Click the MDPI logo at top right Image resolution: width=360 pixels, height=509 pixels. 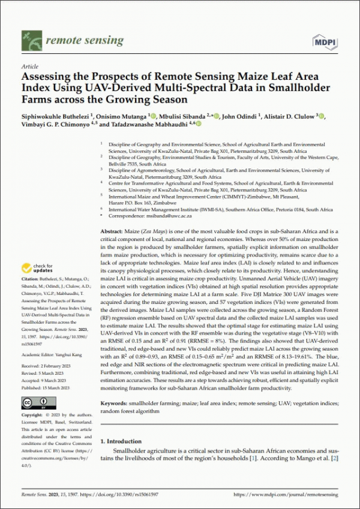click(325, 41)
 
